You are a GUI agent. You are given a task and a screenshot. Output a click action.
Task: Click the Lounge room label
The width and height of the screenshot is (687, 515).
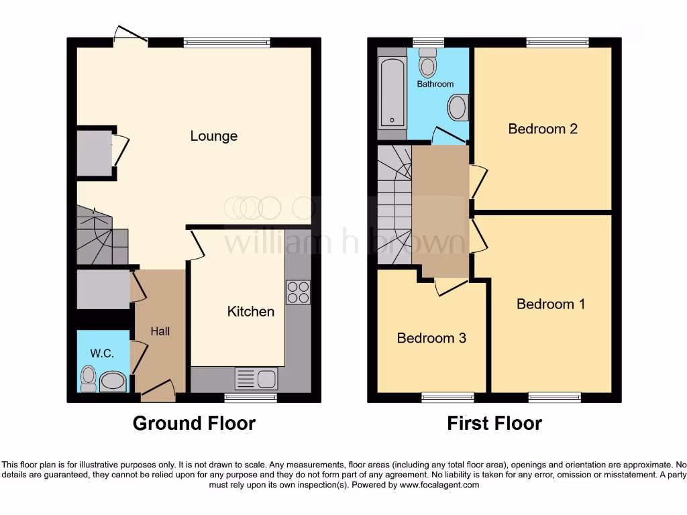coord(214,136)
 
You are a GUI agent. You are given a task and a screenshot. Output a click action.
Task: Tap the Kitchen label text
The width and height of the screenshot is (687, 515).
coord(251,311)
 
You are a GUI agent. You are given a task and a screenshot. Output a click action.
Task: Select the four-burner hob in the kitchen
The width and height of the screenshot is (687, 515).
coord(299,292)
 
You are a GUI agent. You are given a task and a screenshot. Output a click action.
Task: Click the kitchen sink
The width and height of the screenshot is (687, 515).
coord(256,378)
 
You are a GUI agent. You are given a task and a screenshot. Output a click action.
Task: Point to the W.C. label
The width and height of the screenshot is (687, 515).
coord(102,353)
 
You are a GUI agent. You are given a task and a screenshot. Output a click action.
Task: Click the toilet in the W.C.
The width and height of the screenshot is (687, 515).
coord(88,378)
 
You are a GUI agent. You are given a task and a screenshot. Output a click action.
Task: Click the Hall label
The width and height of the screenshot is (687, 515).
coord(160,331)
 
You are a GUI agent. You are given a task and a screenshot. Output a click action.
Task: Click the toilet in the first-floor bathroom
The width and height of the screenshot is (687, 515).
coord(427,65)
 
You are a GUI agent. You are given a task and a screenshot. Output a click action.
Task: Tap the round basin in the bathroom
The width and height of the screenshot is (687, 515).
coord(458,107)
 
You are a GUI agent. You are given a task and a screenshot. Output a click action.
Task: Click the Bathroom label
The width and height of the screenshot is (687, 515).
coord(435,84)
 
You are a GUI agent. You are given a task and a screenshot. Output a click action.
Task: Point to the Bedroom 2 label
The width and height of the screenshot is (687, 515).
coord(543,129)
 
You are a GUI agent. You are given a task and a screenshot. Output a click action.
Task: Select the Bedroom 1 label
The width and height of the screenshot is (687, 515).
coord(551,304)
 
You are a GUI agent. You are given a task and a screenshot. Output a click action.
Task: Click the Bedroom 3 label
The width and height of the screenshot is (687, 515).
coord(431,338)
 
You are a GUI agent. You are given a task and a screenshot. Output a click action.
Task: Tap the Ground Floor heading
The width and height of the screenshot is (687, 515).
coord(194,423)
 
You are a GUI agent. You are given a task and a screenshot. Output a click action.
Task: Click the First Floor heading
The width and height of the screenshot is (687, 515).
coord(494,423)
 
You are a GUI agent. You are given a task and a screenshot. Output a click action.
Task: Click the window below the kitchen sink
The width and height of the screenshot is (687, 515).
coord(250,398)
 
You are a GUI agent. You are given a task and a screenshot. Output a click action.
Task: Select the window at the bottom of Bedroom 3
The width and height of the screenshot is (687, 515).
coord(447,398)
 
